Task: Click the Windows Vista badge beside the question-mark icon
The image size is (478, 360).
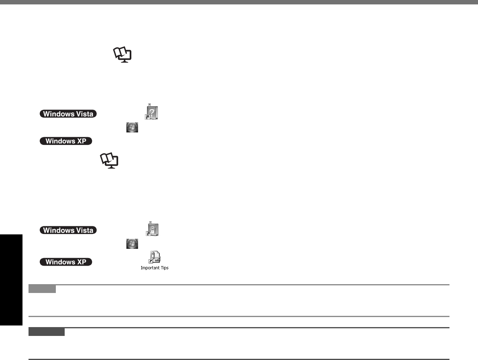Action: (x=68, y=114)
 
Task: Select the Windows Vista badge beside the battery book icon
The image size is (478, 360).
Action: (x=68, y=230)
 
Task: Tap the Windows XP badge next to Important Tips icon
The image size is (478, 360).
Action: (x=66, y=262)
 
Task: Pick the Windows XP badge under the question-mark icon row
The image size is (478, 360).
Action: (x=66, y=141)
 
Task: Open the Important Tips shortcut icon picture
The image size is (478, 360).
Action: (x=154, y=258)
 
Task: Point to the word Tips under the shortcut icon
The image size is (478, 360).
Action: (x=164, y=268)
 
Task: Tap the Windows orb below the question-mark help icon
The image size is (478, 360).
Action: (x=132, y=128)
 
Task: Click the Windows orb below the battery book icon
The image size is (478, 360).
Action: (x=132, y=243)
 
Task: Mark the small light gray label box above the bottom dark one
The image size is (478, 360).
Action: (x=43, y=289)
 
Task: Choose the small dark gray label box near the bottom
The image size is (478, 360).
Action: (x=47, y=332)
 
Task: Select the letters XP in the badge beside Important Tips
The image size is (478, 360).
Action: (x=82, y=262)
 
